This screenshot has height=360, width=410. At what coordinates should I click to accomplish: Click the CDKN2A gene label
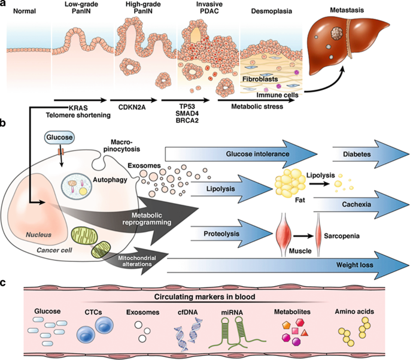[x=132, y=107]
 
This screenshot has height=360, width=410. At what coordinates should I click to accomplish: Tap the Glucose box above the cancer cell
[x=59, y=137]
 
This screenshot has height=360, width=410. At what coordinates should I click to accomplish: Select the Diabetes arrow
[x=370, y=154]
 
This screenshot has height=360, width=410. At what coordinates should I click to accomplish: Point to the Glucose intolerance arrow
[x=241, y=154]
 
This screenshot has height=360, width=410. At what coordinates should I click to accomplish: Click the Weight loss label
[x=354, y=265]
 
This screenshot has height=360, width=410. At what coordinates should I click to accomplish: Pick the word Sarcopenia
[x=342, y=236]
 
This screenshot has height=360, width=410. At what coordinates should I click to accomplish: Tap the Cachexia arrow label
[x=356, y=204]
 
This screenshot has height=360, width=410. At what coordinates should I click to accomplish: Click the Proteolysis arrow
[x=232, y=234]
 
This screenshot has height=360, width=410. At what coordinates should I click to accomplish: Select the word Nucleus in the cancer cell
[x=38, y=235]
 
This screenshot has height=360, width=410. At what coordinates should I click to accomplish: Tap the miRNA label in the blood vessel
[x=232, y=312]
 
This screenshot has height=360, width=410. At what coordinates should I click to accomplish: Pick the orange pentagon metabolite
[x=286, y=325]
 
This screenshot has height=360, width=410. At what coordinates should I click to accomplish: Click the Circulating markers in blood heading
[x=205, y=297]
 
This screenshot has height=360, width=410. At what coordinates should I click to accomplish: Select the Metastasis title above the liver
[x=347, y=10]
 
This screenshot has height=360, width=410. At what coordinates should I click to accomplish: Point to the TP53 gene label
[x=187, y=107]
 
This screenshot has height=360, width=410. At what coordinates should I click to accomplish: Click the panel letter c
[x=3, y=283]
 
